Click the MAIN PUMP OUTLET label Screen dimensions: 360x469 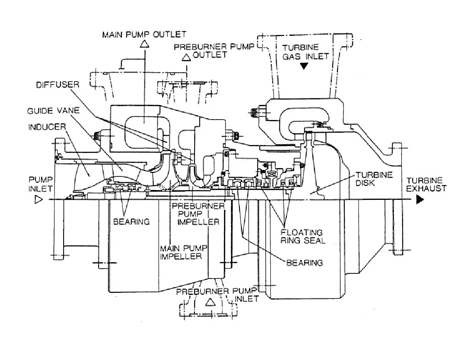144,34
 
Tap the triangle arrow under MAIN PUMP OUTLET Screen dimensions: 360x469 144,44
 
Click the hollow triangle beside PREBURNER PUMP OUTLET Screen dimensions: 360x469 185,58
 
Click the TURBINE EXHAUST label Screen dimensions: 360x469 426,184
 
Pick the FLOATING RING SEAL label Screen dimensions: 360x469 302,236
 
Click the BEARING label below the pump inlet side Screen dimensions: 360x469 131,221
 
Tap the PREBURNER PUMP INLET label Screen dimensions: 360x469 218,294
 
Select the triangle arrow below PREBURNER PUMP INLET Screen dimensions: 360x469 210,302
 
